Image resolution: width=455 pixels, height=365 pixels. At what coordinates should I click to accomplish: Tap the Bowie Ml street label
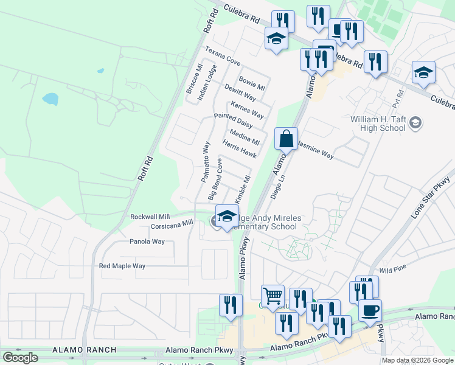[x=252, y=83]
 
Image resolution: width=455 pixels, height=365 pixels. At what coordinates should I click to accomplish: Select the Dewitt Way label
[x=240, y=92]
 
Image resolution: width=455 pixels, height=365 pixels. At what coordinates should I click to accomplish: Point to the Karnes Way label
[x=247, y=110]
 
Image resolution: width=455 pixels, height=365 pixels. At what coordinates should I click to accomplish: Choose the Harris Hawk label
[x=239, y=148]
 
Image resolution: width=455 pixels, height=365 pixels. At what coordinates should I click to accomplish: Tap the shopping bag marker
[x=286, y=139]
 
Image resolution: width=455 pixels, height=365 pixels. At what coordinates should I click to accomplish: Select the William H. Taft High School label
[x=378, y=123]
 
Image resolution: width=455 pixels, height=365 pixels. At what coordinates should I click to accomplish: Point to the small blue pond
[x=50, y=99]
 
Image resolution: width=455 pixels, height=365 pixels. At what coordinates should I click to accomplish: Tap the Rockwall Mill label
[x=150, y=217]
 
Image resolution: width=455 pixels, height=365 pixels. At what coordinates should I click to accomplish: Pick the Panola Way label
[x=147, y=242]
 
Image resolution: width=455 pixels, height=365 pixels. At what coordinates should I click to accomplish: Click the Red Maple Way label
[x=122, y=266]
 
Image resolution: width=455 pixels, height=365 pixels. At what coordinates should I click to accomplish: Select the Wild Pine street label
[x=392, y=269]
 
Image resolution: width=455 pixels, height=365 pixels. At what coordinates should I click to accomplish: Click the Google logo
[x=20, y=358]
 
